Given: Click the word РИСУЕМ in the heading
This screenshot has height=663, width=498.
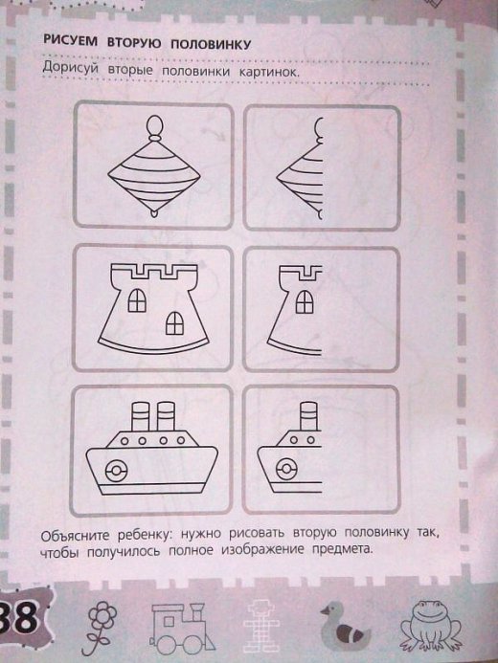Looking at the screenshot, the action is click(x=70, y=40).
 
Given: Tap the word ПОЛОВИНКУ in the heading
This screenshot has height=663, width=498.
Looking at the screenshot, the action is click(x=211, y=44).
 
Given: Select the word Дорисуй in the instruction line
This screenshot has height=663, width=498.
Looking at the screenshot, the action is click(x=71, y=68).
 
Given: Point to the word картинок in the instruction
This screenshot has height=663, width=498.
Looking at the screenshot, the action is click(x=269, y=72).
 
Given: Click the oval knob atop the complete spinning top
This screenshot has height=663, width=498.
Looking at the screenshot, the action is click(x=154, y=125).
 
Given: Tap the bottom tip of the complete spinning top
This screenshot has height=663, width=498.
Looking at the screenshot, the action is click(x=154, y=214).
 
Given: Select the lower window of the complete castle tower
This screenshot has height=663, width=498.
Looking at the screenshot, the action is click(x=174, y=323).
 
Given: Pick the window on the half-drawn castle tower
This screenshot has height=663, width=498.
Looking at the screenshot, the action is click(x=305, y=302).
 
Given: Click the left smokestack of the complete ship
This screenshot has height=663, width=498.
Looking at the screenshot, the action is click(x=141, y=416).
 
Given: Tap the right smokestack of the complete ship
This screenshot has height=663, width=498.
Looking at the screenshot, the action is click(x=166, y=416).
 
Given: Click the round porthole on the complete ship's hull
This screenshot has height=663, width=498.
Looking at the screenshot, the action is click(x=116, y=471).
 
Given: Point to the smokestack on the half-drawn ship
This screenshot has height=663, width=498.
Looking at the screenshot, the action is click(x=308, y=416).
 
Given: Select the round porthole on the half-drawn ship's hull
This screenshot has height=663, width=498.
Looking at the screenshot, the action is click(x=286, y=469).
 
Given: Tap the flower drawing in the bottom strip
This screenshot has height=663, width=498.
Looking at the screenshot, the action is click(x=101, y=627).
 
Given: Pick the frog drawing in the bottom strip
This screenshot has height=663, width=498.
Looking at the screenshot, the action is click(x=431, y=626).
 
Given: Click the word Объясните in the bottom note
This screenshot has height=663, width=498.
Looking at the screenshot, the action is click(x=76, y=536).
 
